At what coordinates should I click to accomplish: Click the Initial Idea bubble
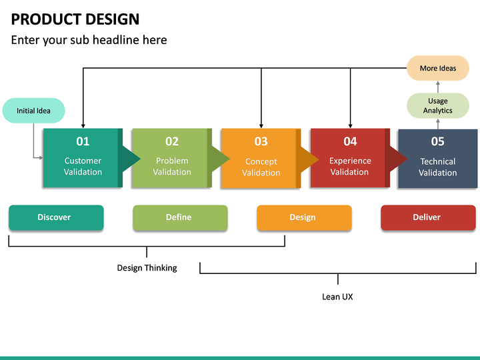pyautogui.click(x=33, y=111)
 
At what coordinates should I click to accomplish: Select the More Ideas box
pyautogui.click(x=438, y=68)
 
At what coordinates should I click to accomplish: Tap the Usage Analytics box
pyautogui.click(x=438, y=105)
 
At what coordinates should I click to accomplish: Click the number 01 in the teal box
pyautogui.click(x=83, y=141)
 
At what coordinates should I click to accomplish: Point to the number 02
pyautogui.click(x=172, y=141)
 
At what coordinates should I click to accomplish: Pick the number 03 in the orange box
pyautogui.click(x=261, y=141)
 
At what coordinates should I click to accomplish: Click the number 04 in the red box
pyautogui.click(x=350, y=141)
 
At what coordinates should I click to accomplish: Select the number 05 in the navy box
pyautogui.click(x=437, y=141)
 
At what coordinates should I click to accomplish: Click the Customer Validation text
pyautogui.click(x=83, y=166)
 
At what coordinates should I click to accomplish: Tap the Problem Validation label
pyautogui.click(x=172, y=166)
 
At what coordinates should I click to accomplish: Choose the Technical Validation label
pyautogui.click(x=437, y=167)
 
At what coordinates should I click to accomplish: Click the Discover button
pyautogui.click(x=55, y=217)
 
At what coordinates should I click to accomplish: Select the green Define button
pyautogui.click(x=179, y=217)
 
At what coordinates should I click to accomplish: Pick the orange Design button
pyautogui.click(x=303, y=217)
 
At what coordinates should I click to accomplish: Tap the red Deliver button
pyautogui.click(x=427, y=217)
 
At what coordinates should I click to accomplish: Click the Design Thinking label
pyautogui.click(x=147, y=268)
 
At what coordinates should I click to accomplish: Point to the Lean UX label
pyautogui.click(x=337, y=297)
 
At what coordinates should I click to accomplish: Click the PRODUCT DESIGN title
pyautogui.click(x=75, y=19)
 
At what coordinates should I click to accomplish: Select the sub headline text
pyautogui.click(x=89, y=40)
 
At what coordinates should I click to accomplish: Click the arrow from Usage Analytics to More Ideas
pyautogui.click(x=438, y=87)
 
